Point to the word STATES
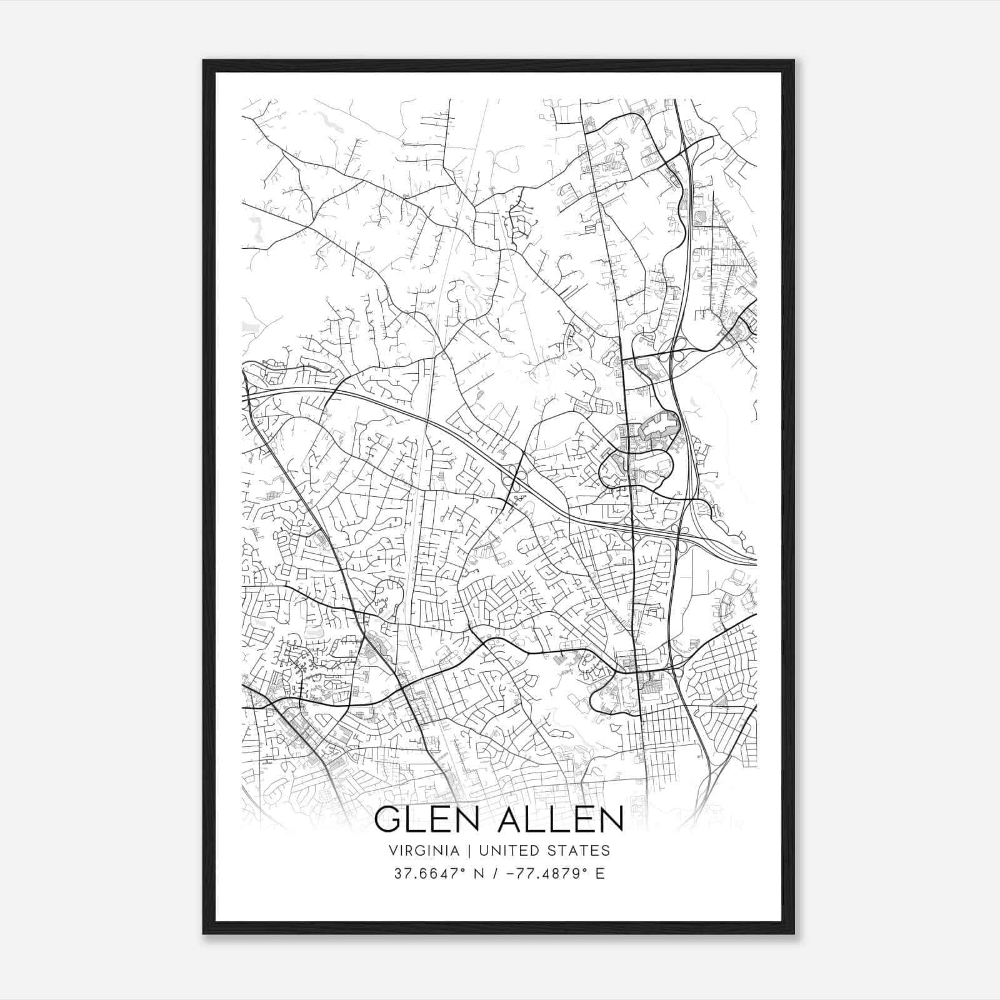tap(579, 851)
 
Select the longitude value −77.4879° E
tap(549, 874)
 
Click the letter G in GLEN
tap(389, 819)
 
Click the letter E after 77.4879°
tap(600, 874)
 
